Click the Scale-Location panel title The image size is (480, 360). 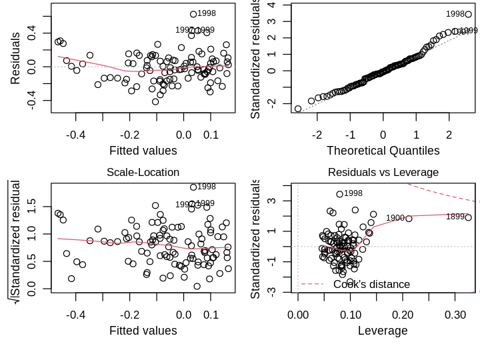[143, 172]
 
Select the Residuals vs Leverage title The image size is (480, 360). [383, 172]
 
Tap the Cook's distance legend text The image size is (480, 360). [371, 285]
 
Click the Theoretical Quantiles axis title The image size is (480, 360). [383, 151]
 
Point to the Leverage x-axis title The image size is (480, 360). [383, 331]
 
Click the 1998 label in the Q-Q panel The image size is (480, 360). [455, 14]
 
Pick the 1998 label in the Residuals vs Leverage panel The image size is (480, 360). [353, 193]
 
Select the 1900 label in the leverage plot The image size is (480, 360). [395, 218]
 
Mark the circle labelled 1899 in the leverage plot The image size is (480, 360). [468, 217]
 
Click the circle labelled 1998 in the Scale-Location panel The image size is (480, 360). [193, 187]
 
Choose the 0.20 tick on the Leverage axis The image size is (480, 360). [403, 313]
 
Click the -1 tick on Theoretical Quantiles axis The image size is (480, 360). [349, 134]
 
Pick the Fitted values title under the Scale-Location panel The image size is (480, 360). [143, 331]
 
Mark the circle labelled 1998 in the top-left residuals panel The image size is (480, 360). [193, 14]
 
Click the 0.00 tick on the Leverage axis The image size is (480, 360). [298, 313]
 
